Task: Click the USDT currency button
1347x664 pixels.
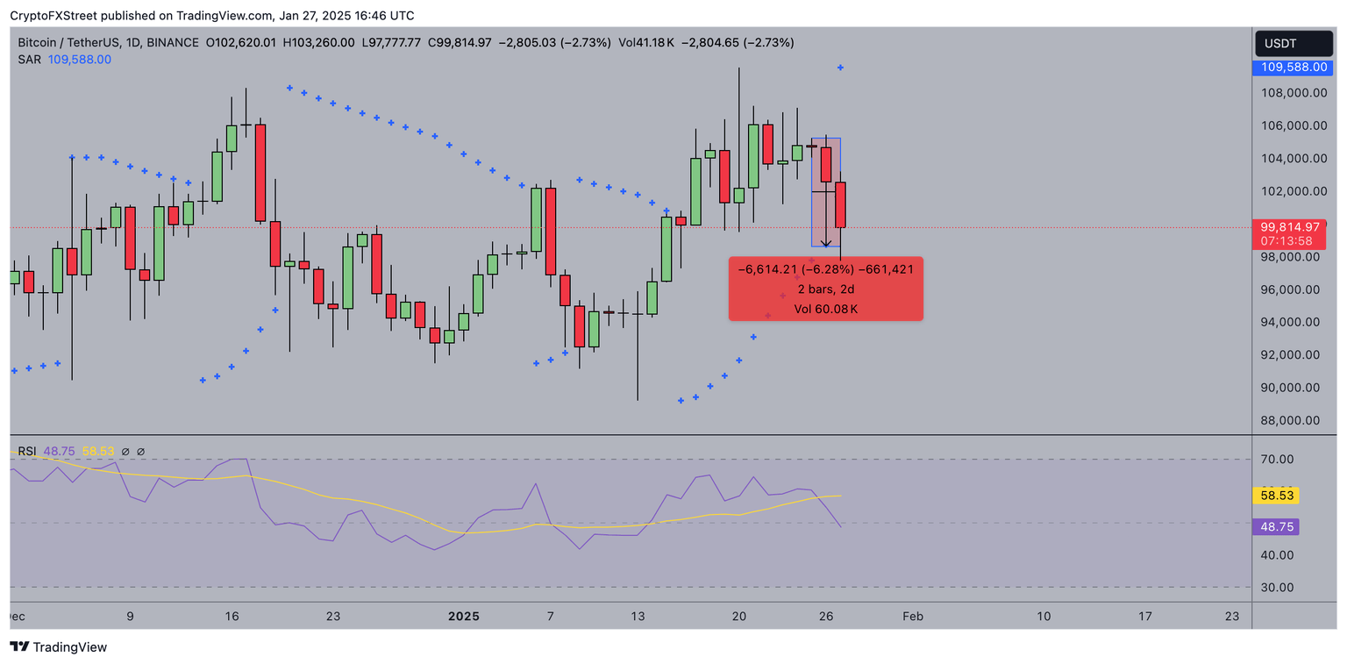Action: coord(1294,43)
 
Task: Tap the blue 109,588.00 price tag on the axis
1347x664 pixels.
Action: coord(1294,67)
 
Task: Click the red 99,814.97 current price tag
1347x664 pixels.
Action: coord(1294,226)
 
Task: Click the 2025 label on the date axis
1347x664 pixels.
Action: coord(464,617)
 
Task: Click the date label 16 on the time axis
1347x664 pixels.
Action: coord(232,617)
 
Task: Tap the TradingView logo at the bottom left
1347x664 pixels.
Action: coord(59,647)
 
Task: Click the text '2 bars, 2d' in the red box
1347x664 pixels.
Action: coord(825,289)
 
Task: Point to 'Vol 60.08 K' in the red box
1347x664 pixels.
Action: coord(825,309)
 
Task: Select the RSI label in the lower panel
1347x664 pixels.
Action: coord(27,452)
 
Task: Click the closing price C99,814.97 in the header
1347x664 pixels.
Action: coord(459,42)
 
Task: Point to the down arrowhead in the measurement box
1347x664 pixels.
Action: coord(826,244)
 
